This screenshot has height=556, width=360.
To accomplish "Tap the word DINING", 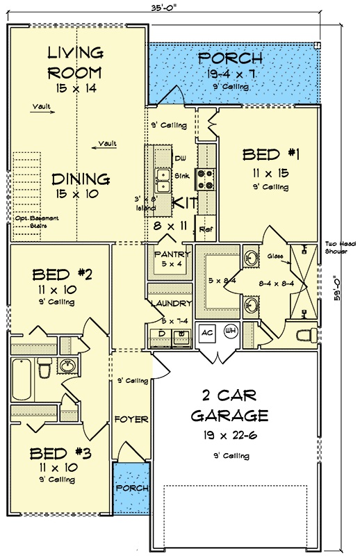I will click(x=82, y=179).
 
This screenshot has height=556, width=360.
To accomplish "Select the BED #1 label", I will click(x=270, y=154).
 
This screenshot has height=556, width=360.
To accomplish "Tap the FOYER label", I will click(x=132, y=420).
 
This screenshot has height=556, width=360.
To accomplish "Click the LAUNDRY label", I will click(x=170, y=304).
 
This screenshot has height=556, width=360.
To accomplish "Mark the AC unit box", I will click(x=207, y=332).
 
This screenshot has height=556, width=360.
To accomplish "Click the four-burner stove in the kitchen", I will click(x=206, y=180).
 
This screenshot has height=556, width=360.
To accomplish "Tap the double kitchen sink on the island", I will click(x=163, y=180).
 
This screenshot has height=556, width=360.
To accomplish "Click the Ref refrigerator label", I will click(x=205, y=229).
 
